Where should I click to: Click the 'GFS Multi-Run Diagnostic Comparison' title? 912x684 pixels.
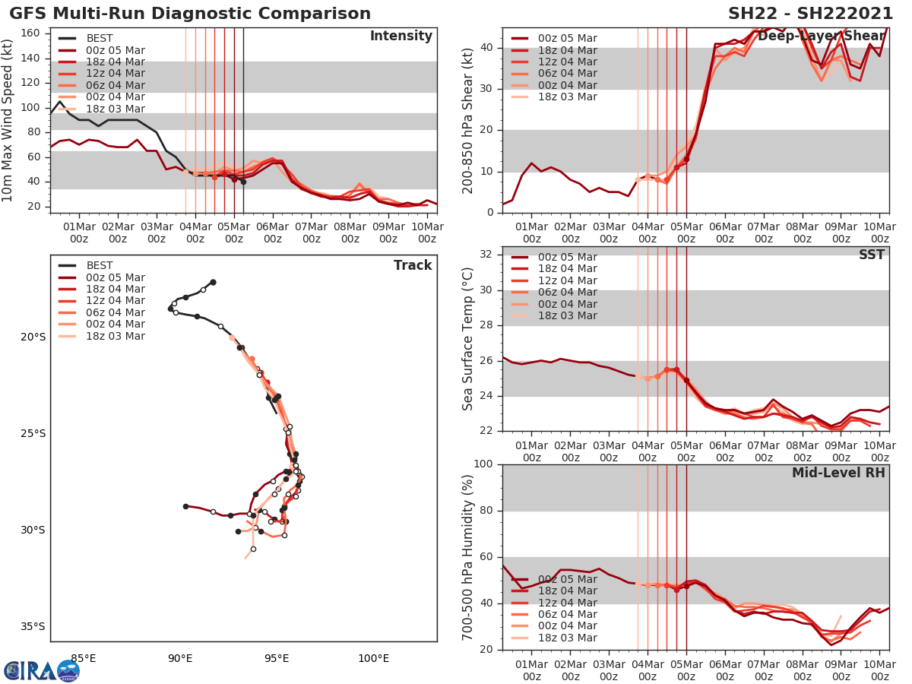pyautogui.click(x=190, y=14)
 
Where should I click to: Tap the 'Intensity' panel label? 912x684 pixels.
pyautogui.click(x=401, y=36)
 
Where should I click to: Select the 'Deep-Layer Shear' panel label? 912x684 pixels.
pyautogui.click(x=822, y=36)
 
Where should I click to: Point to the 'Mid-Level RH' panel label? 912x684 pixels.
pyautogui.click(x=838, y=473)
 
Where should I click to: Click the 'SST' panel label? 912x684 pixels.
pyautogui.click(x=872, y=255)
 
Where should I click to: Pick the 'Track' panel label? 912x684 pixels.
pyautogui.click(x=413, y=265)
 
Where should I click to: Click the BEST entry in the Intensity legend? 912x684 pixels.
pyautogui.click(x=100, y=39)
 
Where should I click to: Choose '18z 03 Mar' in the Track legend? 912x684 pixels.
pyautogui.click(x=115, y=336)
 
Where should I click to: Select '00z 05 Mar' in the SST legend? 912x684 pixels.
pyautogui.click(x=567, y=257)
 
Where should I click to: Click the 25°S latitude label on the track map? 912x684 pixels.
pyautogui.click(x=33, y=433)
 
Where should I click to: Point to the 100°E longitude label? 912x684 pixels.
pyautogui.click(x=373, y=658)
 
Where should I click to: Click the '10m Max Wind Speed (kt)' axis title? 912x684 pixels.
pyautogui.click(x=8, y=120)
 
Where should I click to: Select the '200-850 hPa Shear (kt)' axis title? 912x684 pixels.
pyautogui.click(x=468, y=120)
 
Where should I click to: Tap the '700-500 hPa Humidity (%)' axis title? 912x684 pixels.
pyautogui.click(x=468, y=557)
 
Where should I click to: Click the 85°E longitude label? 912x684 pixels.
pyautogui.click(x=83, y=658)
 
